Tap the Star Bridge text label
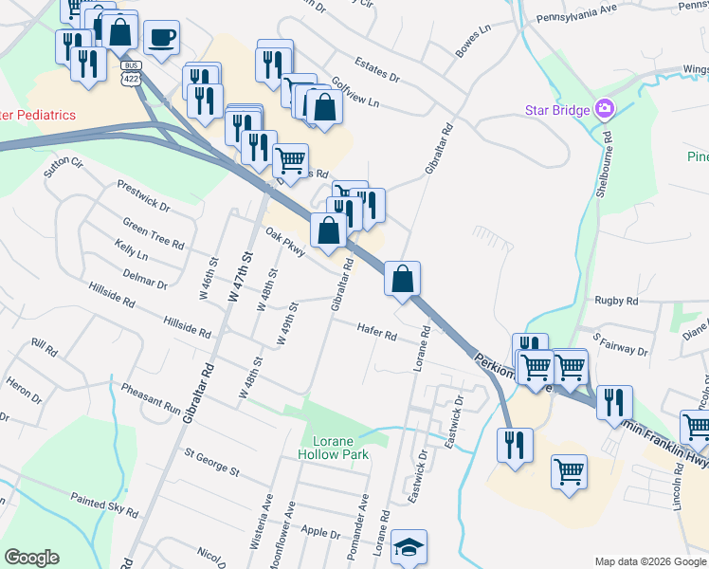click(557, 110)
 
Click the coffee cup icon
click(162, 38)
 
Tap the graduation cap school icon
click(409, 547)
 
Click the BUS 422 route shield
click(131, 71)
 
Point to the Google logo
click(31, 558)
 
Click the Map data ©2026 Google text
click(649, 561)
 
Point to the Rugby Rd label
click(616, 301)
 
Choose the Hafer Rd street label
click(376, 329)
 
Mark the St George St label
click(212, 465)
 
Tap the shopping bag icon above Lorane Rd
click(402, 278)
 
